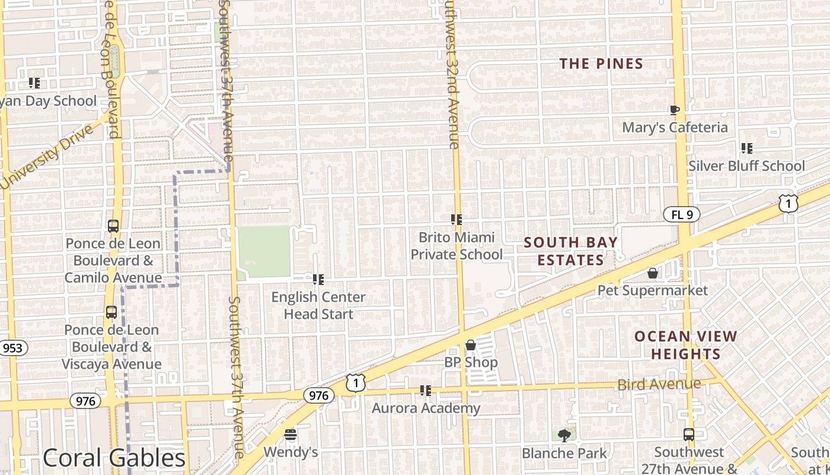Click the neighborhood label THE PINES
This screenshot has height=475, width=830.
(601, 64)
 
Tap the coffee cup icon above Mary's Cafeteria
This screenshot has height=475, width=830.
(674, 110)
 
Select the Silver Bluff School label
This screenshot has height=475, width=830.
(746, 166)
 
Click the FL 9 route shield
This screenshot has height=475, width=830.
(682, 215)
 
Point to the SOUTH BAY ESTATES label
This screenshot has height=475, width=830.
(570, 251)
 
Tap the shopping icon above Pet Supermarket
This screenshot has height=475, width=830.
(653, 273)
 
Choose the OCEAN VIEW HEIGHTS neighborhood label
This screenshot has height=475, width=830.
(686, 345)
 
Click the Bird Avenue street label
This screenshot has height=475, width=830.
(659, 385)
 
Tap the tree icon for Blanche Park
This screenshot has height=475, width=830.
(564, 436)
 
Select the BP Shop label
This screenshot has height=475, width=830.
(471, 362)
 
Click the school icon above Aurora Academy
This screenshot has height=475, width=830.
(425, 391)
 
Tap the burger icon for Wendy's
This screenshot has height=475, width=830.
(290, 435)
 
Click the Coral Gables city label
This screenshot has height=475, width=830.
(114, 458)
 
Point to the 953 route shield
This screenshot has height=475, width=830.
(12, 348)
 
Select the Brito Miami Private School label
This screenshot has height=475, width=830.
(456, 246)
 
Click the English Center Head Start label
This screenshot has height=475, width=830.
(318, 305)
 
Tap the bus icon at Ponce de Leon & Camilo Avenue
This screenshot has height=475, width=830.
(113, 226)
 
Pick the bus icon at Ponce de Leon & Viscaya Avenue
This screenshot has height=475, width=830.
(111, 312)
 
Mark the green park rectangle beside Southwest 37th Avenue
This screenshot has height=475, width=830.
(264, 251)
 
